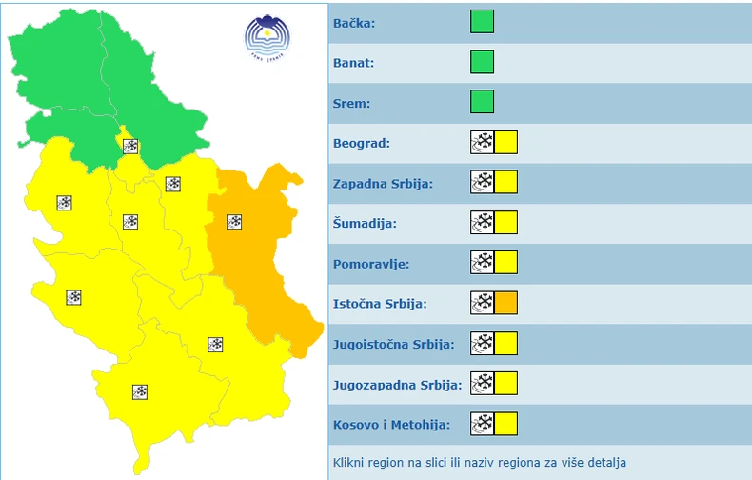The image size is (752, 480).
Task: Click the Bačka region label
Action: click(354, 23)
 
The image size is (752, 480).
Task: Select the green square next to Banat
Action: click(482, 62)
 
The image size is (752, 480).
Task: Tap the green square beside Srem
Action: click(482, 102)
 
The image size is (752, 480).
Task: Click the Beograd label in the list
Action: click(362, 143)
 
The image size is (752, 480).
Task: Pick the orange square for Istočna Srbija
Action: click(505, 304)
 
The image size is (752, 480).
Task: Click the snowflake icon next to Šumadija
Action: click(482, 223)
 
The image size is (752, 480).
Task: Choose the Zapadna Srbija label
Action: click(383, 183)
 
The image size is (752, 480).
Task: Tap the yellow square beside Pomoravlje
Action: click(505, 263)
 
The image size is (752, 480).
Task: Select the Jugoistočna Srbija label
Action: click(393, 344)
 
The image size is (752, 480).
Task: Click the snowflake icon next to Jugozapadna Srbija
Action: click(482, 384)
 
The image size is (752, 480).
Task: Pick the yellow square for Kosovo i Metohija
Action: click(505, 424)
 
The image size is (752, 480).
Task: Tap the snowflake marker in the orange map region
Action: click(234, 222)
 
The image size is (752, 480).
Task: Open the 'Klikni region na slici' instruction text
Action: click(480, 463)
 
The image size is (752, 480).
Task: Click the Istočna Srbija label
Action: click(380, 304)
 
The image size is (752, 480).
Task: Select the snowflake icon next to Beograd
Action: click(482, 143)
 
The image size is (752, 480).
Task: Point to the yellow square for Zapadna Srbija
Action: click(505, 183)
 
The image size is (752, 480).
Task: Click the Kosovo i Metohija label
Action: click(390, 424)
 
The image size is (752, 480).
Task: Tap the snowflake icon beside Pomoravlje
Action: click(482, 263)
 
